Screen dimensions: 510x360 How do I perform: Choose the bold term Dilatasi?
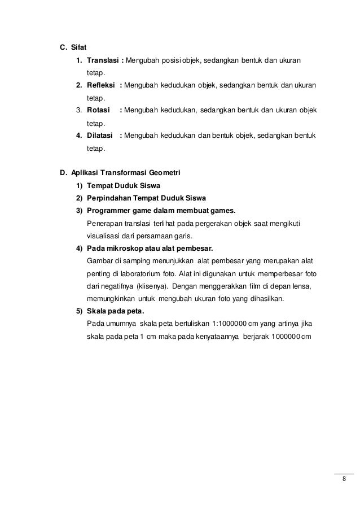coord(102,136)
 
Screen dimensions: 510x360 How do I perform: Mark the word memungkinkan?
coord(113,298)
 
